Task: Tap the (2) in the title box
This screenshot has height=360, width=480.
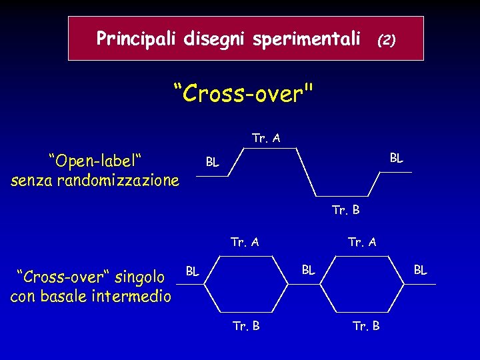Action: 387,40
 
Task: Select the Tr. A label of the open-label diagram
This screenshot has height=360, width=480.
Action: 266,139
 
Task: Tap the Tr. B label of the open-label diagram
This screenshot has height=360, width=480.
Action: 346,211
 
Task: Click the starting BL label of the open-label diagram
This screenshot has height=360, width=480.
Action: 212,162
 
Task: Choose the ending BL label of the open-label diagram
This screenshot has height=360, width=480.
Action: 396,158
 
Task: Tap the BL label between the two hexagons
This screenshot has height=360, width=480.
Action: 309,270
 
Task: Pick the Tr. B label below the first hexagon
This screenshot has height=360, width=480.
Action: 246,326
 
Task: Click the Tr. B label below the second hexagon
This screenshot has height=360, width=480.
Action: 366,326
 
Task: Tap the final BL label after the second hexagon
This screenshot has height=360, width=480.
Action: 421,270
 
